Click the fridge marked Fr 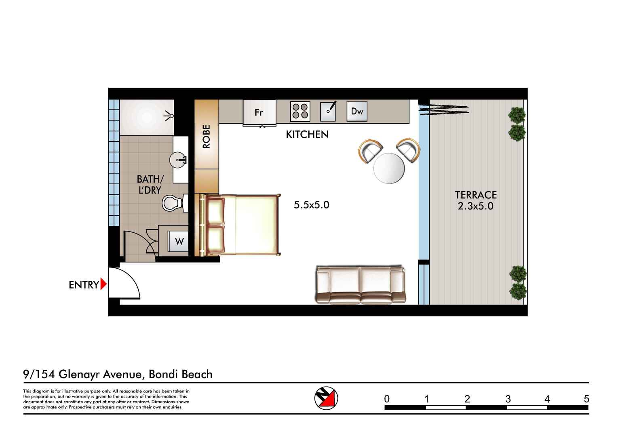pyautogui.click(x=259, y=112)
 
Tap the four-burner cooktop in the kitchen pyautogui.click(x=300, y=111)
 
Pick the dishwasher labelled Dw pyautogui.click(x=357, y=111)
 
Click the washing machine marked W pyautogui.click(x=179, y=242)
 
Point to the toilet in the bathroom pyautogui.click(x=171, y=203)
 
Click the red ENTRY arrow pyautogui.click(x=103, y=284)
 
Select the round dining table pyautogui.click(x=389, y=168)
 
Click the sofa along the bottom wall pyautogui.click(x=360, y=285)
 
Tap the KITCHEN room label pyautogui.click(x=307, y=135)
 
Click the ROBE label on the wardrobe pyautogui.click(x=207, y=137)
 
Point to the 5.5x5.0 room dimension pyautogui.click(x=311, y=205)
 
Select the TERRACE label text pyautogui.click(x=475, y=195)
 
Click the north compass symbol pyautogui.click(x=326, y=398)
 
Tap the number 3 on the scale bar pyautogui.click(x=508, y=399)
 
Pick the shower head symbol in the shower pyautogui.click(x=169, y=116)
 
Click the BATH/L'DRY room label pyautogui.click(x=150, y=184)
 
